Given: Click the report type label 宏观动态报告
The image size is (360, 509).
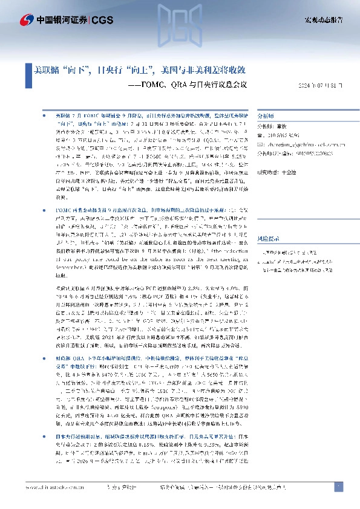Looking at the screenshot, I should tap(323, 20).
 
